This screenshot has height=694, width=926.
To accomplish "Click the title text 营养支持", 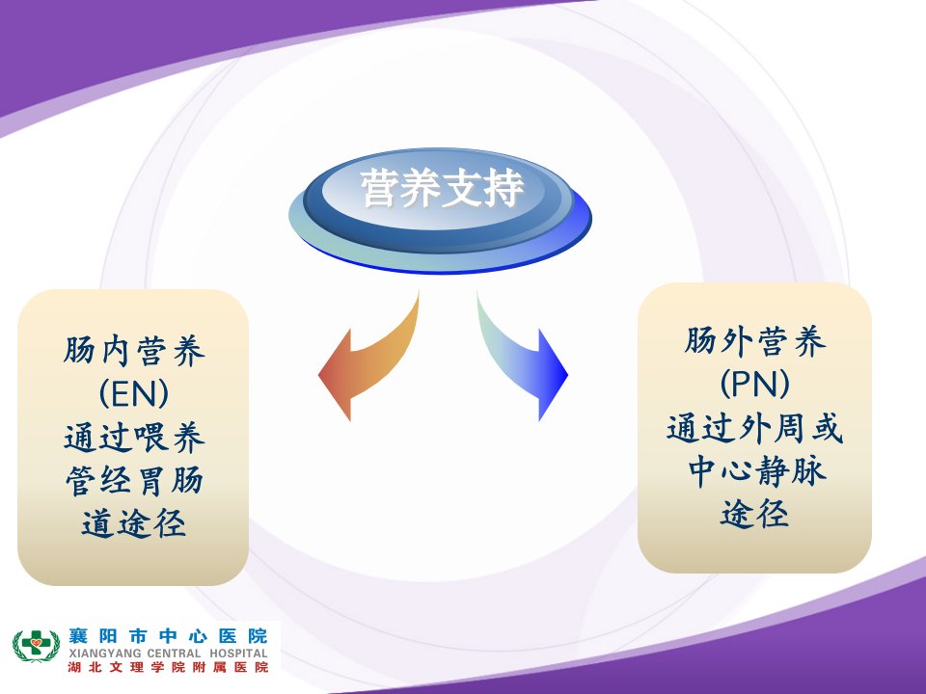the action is [x=443, y=189].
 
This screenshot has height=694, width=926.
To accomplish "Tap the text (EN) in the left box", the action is [x=134, y=393].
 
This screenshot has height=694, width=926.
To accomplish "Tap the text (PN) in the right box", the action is [x=754, y=384].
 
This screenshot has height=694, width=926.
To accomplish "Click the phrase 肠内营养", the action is [x=134, y=350].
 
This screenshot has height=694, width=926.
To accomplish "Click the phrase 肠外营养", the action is [x=754, y=341].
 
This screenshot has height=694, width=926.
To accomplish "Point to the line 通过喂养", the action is [x=134, y=438].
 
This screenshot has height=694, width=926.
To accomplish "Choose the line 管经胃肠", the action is [x=134, y=480].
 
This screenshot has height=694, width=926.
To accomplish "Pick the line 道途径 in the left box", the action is [x=134, y=523].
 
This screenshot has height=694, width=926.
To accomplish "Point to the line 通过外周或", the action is [x=754, y=428].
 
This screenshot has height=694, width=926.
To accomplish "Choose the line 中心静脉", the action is [x=756, y=470].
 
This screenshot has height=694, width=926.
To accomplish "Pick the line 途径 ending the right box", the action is [x=754, y=513].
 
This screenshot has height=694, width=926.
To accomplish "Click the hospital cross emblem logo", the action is [x=36, y=646].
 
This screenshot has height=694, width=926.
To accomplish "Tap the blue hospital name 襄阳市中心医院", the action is [x=168, y=636].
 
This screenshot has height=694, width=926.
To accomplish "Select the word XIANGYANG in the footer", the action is [x=105, y=654].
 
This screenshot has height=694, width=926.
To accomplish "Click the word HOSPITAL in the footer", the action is [x=238, y=654].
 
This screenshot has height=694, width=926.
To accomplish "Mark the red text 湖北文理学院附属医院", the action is [x=168, y=667].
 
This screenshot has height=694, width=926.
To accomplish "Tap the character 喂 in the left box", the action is [x=151, y=438].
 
